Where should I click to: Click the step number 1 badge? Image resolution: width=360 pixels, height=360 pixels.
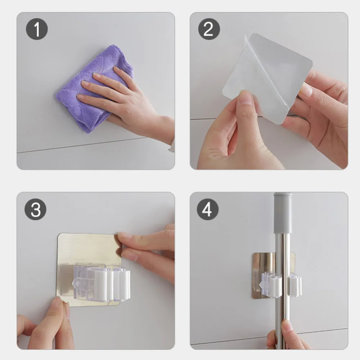[x=37, y=29]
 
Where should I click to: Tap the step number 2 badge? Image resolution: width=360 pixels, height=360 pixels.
[x=209, y=29]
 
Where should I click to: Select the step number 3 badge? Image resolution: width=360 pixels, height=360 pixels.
[x=36, y=210]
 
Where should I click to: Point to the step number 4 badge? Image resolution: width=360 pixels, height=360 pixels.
[x=208, y=210]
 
